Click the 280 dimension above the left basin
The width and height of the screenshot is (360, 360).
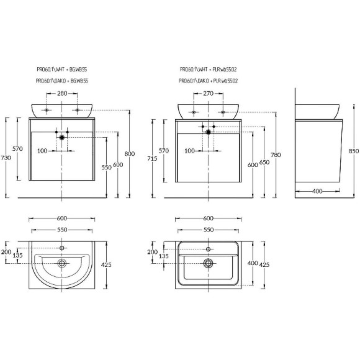pyautogui.click(x=62, y=94)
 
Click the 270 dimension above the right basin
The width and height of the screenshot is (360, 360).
pyautogui.click(x=208, y=94)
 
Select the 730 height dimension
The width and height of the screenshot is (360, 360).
pyautogui.click(x=6, y=158)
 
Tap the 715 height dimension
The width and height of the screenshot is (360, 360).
pyautogui.click(x=152, y=158)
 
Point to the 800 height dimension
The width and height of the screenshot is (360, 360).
pyautogui.click(x=130, y=153)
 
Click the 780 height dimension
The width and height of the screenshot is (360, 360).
pyautogui.click(x=276, y=155)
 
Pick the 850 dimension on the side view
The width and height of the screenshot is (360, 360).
pyautogui.click(x=354, y=151)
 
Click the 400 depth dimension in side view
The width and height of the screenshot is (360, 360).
pyautogui.click(x=317, y=191)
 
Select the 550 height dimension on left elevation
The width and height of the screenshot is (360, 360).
pyautogui.click(x=107, y=168)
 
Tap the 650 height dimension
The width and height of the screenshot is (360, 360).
pyautogui.click(x=264, y=163)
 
